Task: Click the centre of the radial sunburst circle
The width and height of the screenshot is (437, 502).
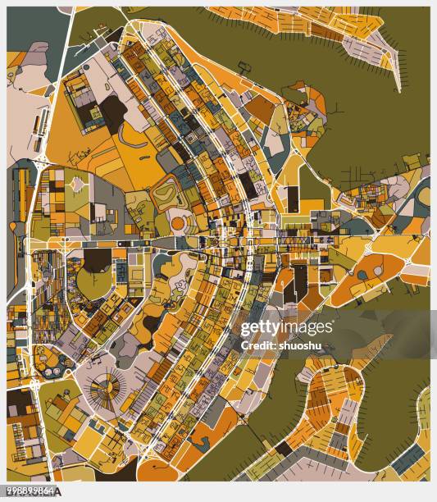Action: coord(105,385)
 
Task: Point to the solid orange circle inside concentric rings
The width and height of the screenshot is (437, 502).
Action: coord(178,222)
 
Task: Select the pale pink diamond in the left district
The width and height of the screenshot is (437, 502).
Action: coord(79,185)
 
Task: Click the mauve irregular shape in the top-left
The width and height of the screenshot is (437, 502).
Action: coord(36,54)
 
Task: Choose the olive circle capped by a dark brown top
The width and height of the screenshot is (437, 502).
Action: coord(97,275)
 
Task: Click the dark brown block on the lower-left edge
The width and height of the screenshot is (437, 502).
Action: coord(20,401)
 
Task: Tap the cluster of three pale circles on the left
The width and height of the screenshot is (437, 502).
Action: coord(49,357)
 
